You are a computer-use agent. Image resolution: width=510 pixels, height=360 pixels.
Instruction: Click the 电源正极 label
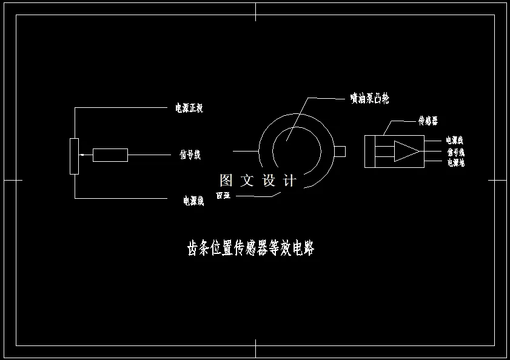coord(189,108)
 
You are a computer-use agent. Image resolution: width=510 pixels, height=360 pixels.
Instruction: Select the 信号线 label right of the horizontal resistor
coord(190,155)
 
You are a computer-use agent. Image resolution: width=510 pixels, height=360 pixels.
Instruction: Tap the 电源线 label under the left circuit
coord(193,201)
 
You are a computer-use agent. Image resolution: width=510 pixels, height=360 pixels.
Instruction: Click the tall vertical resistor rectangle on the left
coord(74,156)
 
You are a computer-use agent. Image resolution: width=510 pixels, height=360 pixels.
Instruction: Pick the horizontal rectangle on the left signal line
coord(110,155)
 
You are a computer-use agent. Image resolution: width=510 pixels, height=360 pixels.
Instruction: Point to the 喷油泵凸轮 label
coord(369,98)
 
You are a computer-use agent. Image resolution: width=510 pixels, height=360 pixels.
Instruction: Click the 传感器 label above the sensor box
coord(428,121)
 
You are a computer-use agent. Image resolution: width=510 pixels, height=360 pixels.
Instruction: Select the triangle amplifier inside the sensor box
coord(405,151)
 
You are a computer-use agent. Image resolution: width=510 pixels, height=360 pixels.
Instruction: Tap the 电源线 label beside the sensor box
coord(455,141)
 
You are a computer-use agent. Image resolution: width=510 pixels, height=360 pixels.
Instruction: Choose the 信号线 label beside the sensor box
coord(455,152)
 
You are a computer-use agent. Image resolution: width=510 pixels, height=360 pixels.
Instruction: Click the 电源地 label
coord(455,162)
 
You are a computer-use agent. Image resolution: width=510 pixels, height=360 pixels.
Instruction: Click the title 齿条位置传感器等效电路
coord(250,248)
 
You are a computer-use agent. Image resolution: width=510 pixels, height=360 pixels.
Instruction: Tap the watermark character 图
coord(226,180)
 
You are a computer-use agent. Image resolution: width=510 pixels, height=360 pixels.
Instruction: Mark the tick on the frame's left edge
coord(13,180)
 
